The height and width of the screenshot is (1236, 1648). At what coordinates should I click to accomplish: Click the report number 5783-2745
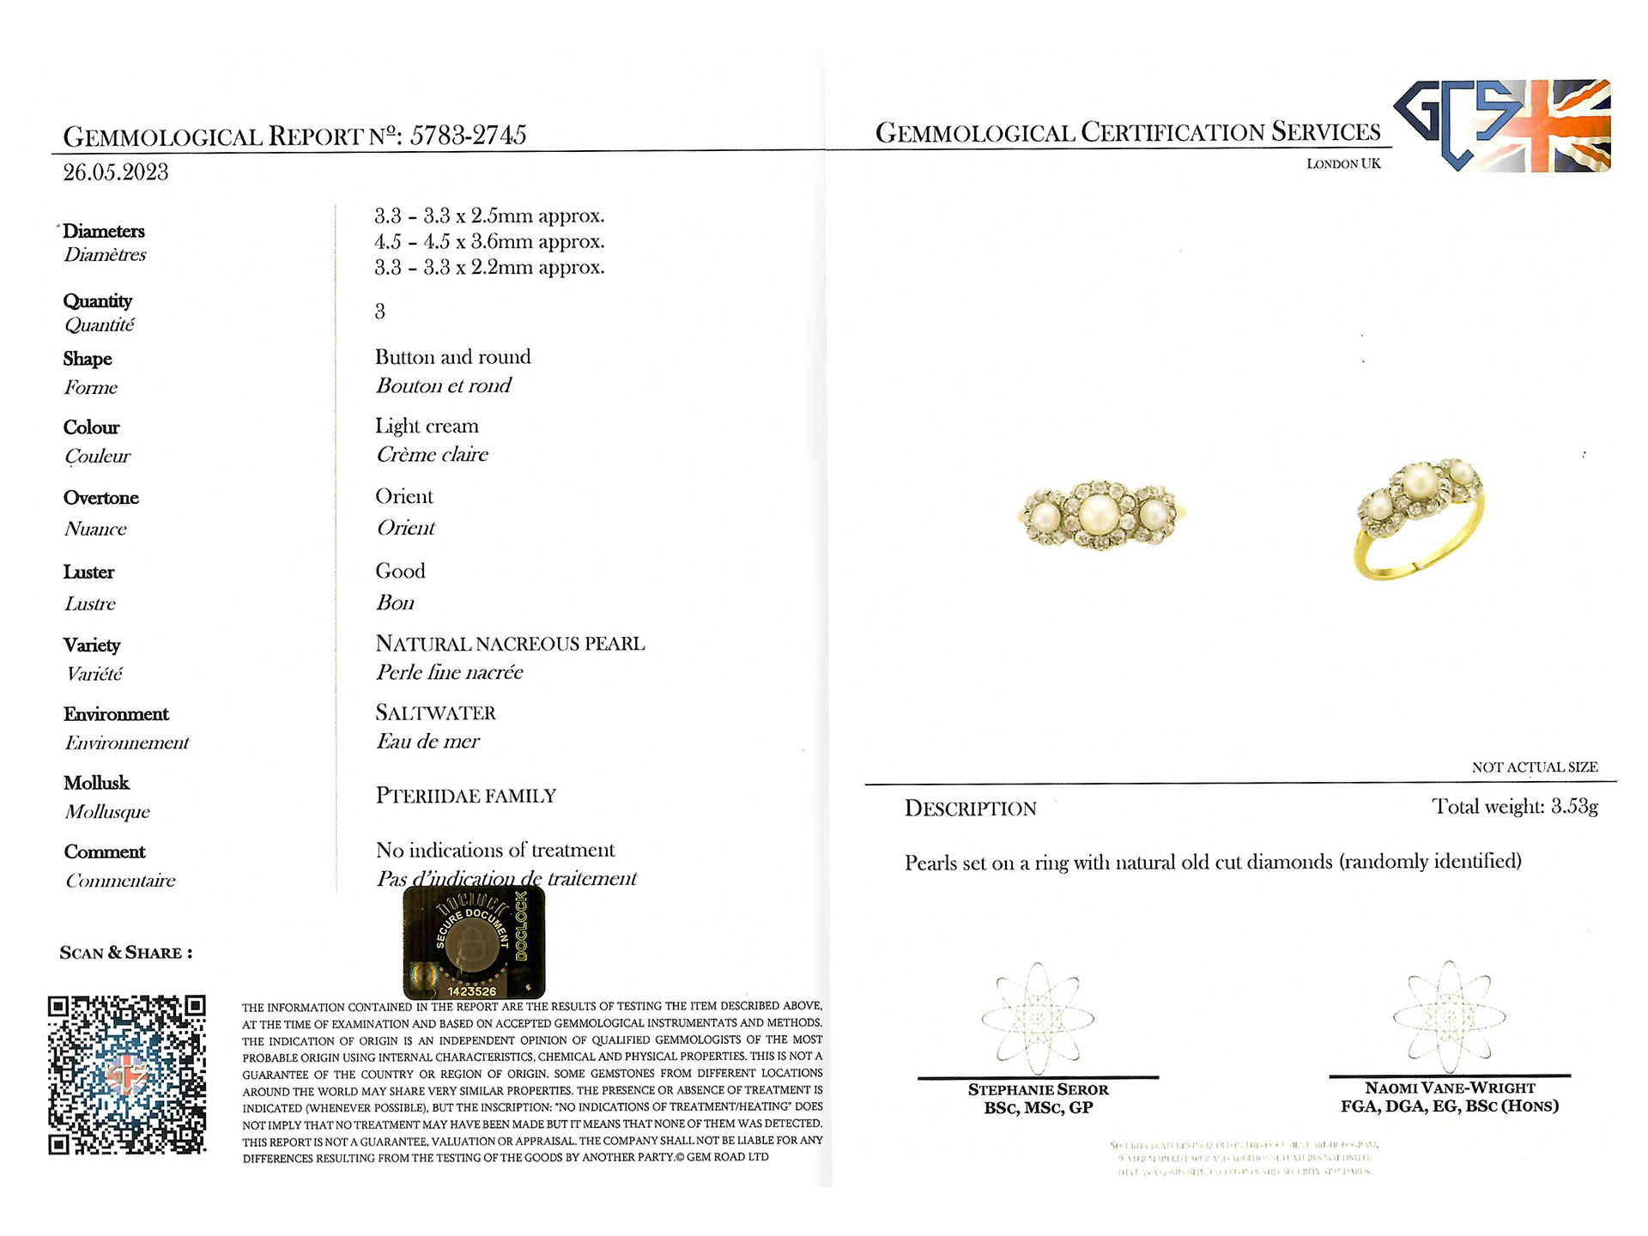point(468,135)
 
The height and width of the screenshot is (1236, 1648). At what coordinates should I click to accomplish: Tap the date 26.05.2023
point(116,173)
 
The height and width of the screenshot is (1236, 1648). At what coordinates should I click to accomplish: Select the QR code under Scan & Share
point(127,1075)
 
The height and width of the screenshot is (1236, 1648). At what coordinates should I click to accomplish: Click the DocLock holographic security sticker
point(474,942)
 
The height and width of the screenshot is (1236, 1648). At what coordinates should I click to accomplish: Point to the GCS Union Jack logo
point(1502,126)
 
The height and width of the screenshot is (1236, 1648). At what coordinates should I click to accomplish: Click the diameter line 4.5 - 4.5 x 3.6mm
point(489,242)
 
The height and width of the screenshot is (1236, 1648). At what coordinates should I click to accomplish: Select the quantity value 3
point(380,312)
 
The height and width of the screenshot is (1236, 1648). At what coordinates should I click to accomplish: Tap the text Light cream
point(427,427)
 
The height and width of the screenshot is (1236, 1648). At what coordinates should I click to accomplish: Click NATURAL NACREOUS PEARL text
point(510,644)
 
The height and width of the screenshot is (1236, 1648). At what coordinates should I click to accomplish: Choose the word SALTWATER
point(435,713)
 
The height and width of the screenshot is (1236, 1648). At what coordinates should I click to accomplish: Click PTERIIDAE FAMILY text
point(466,796)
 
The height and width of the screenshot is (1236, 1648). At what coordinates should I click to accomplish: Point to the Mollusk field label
point(96,783)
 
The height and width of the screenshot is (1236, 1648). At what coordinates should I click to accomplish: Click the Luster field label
point(88,573)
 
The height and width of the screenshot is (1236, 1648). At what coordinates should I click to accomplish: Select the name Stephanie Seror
point(1038,1089)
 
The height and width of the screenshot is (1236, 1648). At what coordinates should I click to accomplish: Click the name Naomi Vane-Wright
point(1450,1088)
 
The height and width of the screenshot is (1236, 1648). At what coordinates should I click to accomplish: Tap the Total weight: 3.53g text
point(1514,807)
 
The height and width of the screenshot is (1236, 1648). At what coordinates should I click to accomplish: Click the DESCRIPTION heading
point(970,809)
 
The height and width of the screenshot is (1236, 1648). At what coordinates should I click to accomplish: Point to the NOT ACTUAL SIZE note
point(1535,767)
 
